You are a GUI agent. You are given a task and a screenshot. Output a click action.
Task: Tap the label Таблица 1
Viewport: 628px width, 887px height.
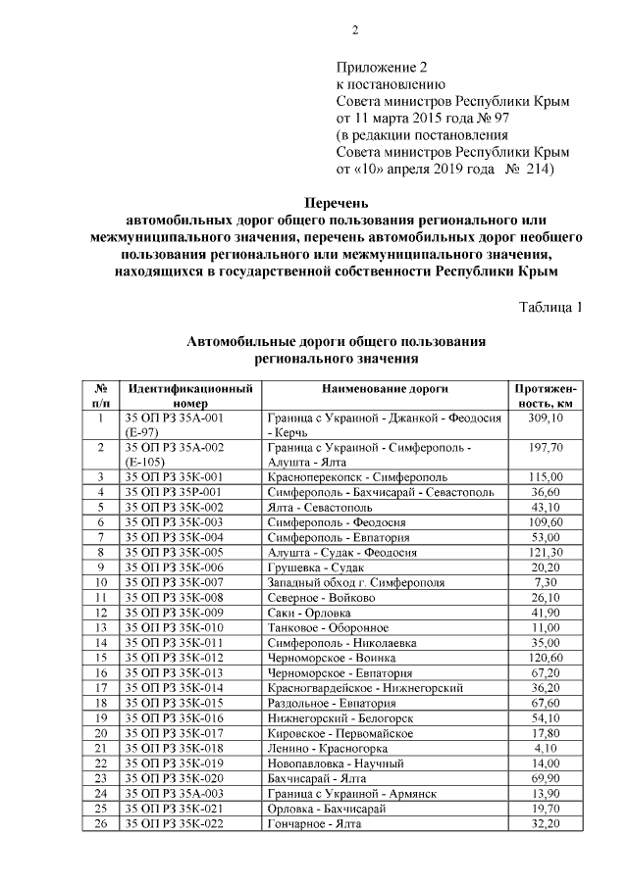click(x=550, y=308)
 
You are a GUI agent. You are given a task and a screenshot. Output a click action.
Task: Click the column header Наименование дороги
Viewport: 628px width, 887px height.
click(x=385, y=388)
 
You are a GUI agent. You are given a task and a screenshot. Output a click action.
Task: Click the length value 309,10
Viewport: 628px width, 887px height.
click(x=546, y=418)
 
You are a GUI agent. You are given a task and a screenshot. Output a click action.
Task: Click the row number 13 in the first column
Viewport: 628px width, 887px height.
click(x=101, y=627)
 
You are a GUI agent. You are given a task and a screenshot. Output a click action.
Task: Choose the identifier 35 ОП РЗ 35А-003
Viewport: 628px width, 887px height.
click(x=174, y=793)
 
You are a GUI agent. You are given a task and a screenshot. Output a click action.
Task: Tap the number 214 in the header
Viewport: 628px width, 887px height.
click(x=537, y=169)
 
